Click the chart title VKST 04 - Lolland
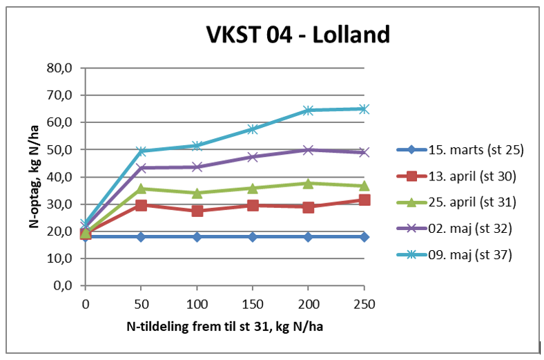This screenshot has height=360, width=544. [x=298, y=34]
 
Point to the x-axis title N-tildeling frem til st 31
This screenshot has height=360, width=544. [x=224, y=325]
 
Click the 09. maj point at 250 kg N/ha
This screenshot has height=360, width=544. [x=364, y=108]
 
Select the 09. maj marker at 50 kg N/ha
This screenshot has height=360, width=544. [x=141, y=151]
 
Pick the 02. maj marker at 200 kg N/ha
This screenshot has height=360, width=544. [x=308, y=149]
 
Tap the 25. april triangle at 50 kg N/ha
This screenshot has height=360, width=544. [x=141, y=188]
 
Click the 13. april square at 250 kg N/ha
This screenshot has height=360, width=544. [x=364, y=200]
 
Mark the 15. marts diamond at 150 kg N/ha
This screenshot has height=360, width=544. [x=253, y=236]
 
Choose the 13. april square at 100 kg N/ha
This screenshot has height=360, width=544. [x=197, y=210]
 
